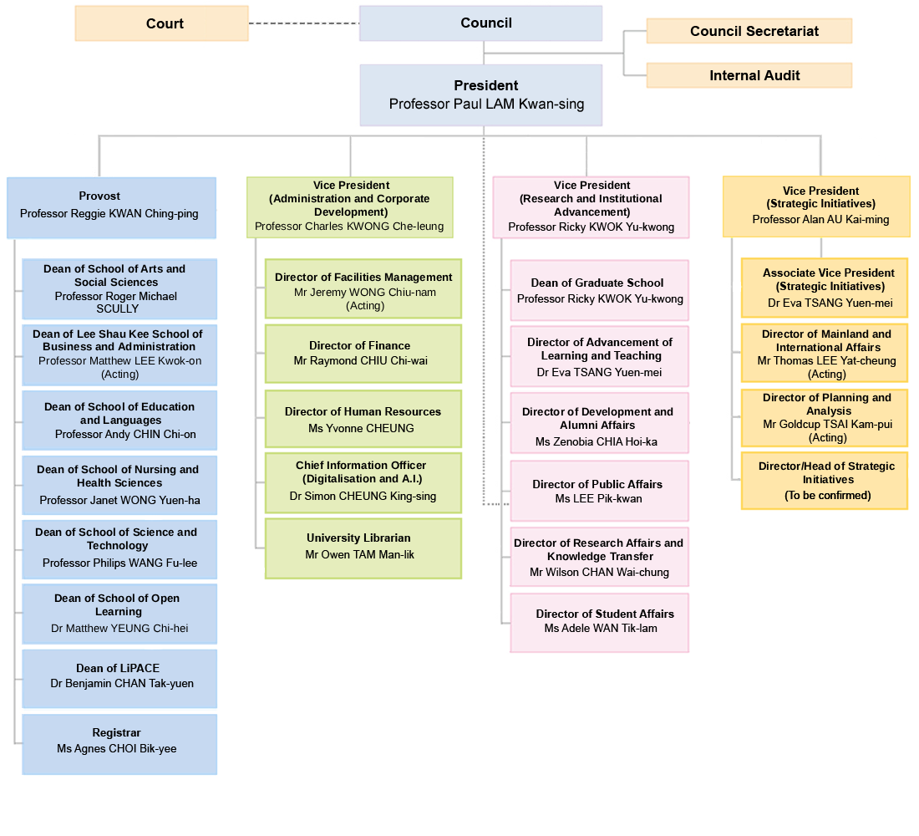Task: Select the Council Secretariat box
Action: pyautogui.click(x=749, y=31)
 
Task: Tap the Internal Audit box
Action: pyautogui.click(x=749, y=75)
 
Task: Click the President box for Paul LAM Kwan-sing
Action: pyautogui.click(x=480, y=94)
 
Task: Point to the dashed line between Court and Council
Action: pyautogui.click(x=303, y=23)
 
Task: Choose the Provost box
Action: pyautogui.click(x=111, y=205)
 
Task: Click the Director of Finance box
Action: pyautogui.click(x=363, y=354)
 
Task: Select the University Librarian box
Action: pyautogui.click(x=363, y=547)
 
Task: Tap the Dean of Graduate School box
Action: pyautogui.click(x=599, y=290)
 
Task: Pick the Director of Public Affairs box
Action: pyautogui.click(x=599, y=491)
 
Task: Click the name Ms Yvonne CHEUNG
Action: pyautogui.click(x=361, y=428)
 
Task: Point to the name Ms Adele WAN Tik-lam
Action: pyautogui.click(x=600, y=628)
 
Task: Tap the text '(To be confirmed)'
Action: pyautogui.click(x=827, y=496)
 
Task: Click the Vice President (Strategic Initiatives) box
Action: pyautogui.click(x=816, y=206)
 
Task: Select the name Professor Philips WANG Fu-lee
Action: pyautogui.click(x=119, y=563)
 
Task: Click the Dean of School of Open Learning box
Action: pyautogui.click(x=119, y=614)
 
